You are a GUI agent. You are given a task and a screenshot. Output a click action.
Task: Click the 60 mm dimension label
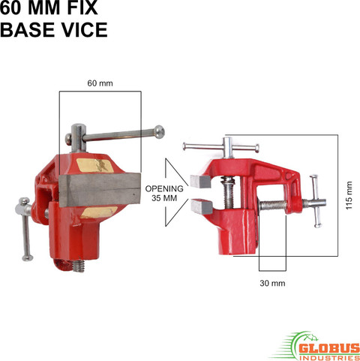tap(100, 83)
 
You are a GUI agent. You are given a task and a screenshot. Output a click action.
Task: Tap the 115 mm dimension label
tap(349, 195)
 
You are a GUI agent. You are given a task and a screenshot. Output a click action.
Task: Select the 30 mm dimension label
tap(272, 283)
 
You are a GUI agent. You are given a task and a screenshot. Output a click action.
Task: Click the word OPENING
tap(164, 188)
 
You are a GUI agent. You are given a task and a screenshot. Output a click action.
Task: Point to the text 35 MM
tap(164, 198)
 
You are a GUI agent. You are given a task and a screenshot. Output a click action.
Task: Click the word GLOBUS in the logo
tap(329, 348)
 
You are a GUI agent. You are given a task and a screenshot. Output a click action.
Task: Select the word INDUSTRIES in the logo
tap(329, 357)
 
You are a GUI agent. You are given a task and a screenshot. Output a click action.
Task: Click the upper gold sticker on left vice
tap(95, 165)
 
